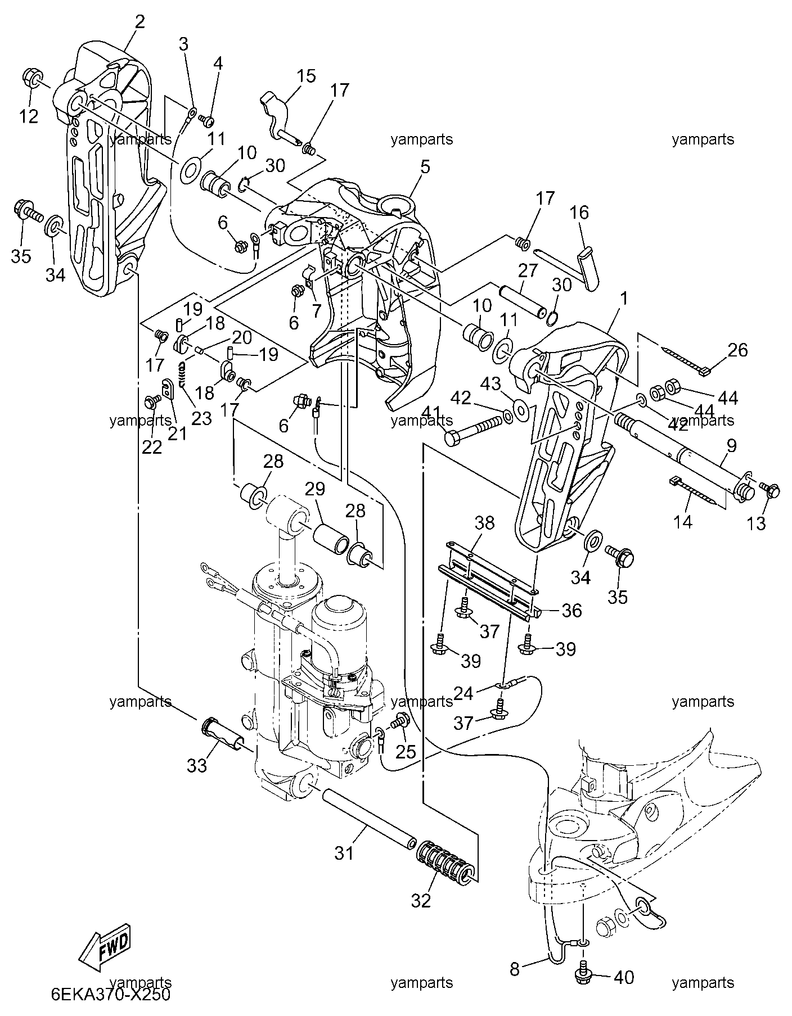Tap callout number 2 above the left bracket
pyautogui.click(x=139, y=22)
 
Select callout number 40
pyautogui.click(x=623, y=977)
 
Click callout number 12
pyautogui.click(x=28, y=116)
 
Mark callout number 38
pyautogui.click(x=484, y=523)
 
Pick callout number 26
pyautogui.click(x=738, y=350)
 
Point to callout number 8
pyautogui.click(x=515, y=969)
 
